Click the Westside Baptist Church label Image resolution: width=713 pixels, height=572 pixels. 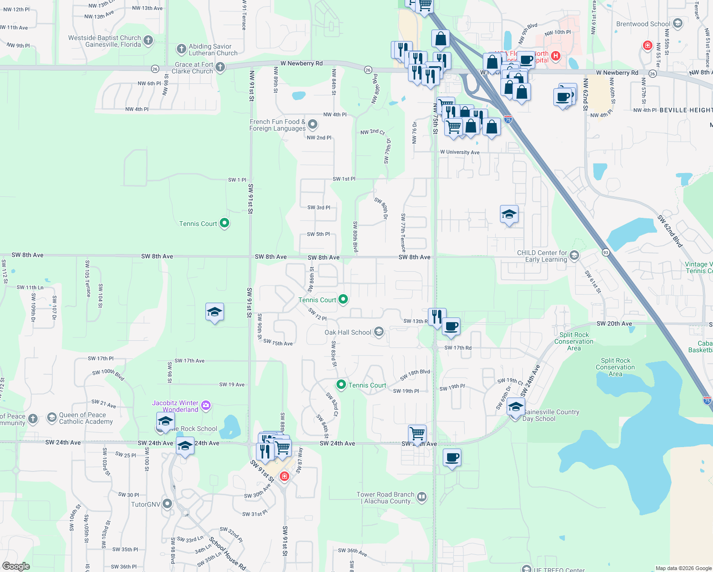104,41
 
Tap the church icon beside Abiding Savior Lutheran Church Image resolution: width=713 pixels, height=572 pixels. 181,49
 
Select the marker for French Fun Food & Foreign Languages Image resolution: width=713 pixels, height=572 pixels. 313,125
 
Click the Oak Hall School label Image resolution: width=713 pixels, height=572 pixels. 347,332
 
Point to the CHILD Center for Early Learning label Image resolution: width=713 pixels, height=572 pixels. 542,256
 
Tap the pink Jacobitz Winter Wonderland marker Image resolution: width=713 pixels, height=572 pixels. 206,406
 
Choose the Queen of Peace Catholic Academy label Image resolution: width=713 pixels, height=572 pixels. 86,418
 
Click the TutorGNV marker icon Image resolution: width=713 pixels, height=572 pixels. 167,503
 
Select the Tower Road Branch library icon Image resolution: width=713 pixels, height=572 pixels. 422,498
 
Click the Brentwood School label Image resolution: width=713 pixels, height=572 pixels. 643,24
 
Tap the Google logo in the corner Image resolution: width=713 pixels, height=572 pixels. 16,566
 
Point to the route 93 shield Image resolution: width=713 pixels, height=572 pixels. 606,252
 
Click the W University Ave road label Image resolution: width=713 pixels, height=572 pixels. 459,152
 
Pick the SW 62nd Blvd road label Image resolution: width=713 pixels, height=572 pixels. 670,231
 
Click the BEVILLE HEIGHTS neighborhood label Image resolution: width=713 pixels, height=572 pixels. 686,110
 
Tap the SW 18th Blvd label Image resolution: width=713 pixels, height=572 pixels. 415,375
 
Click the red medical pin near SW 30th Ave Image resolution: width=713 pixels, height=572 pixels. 285,476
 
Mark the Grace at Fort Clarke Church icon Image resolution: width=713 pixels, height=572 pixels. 220,67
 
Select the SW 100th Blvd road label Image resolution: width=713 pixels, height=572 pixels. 108,374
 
